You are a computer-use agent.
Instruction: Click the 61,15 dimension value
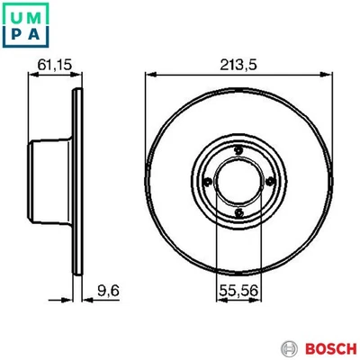point(56,63)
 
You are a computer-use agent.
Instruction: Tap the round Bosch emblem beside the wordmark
point(288,347)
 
